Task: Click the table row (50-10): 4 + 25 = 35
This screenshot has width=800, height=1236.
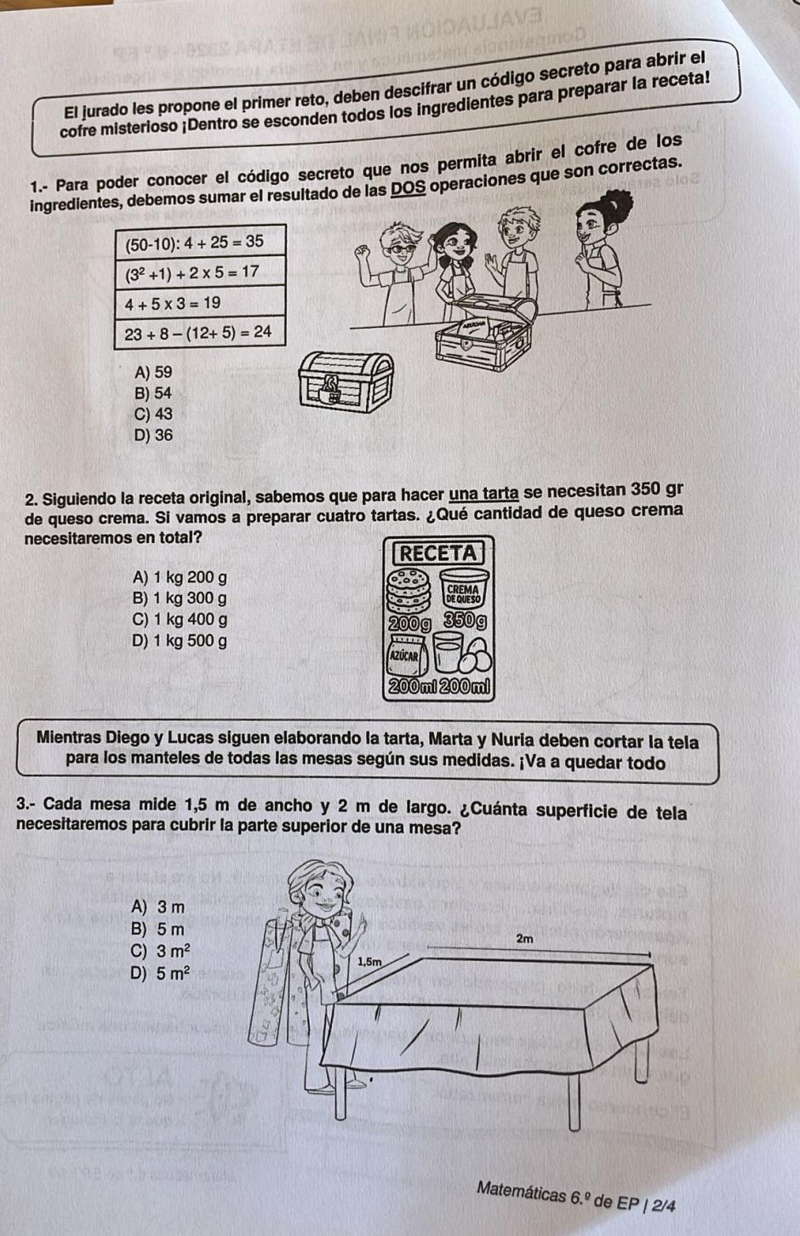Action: pyautogui.click(x=195, y=242)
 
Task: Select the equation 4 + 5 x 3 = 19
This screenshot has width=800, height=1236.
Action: pyautogui.click(x=173, y=302)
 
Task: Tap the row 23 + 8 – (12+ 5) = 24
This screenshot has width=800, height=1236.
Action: pyautogui.click(x=198, y=333)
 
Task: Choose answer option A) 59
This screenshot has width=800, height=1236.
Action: pyautogui.click(x=153, y=372)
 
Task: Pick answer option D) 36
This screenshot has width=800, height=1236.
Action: pyautogui.click(x=153, y=435)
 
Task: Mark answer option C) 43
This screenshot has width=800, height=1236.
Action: pyautogui.click(x=153, y=414)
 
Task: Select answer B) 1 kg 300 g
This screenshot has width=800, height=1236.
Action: pyautogui.click(x=180, y=598)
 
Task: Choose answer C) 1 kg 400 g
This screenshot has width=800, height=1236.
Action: pyautogui.click(x=180, y=620)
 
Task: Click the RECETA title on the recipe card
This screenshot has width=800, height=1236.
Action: pyautogui.click(x=439, y=552)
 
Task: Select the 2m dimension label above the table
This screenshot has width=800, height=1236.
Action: pyautogui.click(x=524, y=939)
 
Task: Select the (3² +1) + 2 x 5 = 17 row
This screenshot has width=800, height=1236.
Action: pyautogui.click(x=192, y=272)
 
